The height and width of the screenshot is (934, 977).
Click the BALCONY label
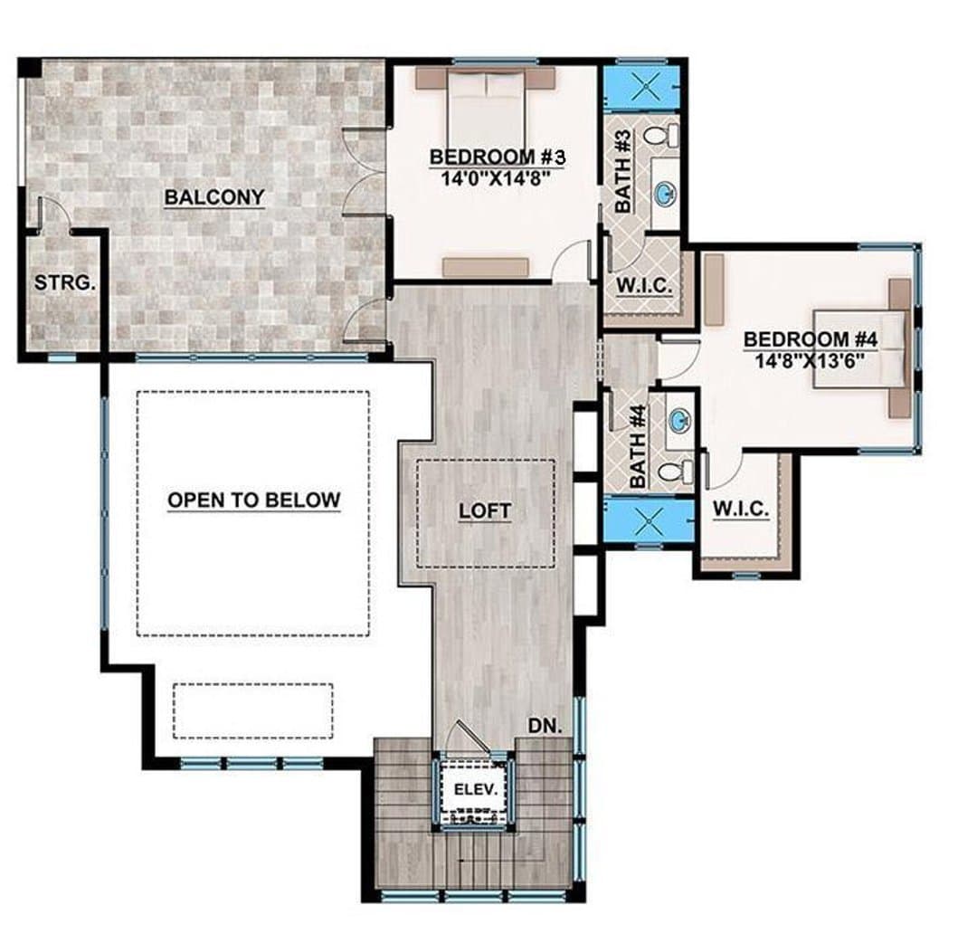pyautogui.click(x=214, y=197)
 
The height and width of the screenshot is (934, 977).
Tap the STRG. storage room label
pyautogui.click(x=65, y=283)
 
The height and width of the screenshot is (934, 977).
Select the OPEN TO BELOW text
pyautogui.click(x=254, y=500)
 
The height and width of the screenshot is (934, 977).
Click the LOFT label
pyautogui.click(x=485, y=511)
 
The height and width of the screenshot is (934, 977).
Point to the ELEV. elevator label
pyautogui.click(x=476, y=790)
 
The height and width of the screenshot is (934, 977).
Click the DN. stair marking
pyautogui.click(x=545, y=726)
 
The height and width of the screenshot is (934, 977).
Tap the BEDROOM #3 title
pyautogui.click(x=498, y=157)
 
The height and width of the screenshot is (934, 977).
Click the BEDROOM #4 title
pyautogui.click(x=811, y=339)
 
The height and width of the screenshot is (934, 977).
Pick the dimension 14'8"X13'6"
pyautogui.click(x=810, y=360)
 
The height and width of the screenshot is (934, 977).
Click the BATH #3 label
pyautogui.click(x=623, y=171)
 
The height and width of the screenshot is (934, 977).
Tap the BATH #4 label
pyautogui.click(x=638, y=446)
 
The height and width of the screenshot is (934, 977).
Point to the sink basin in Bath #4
pyautogui.click(x=679, y=421)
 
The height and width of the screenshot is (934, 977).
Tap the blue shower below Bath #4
pyautogui.click(x=650, y=520)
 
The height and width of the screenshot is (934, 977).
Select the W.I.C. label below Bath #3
pyautogui.click(x=644, y=286)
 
